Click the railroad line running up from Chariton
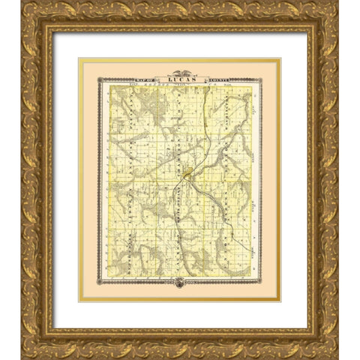pyautogui.click(x=203, y=127)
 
